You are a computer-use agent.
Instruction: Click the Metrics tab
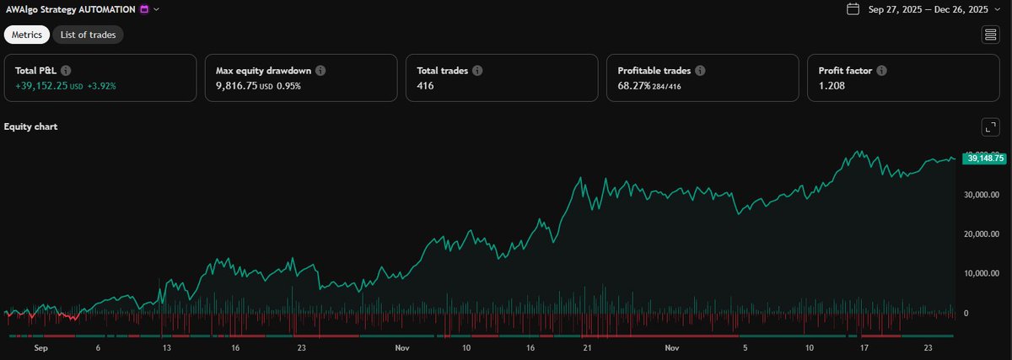(x=27, y=35)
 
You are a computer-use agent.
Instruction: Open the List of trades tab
(x=89, y=35)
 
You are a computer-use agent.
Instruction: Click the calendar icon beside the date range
(x=853, y=9)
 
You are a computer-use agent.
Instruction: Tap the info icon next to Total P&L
(x=66, y=72)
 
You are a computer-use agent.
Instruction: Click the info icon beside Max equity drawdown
(x=320, y=72)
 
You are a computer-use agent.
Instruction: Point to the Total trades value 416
(x=426, y=86)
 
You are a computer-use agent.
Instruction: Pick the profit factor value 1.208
(x=832, y=86)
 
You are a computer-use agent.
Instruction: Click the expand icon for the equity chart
(x=990, y=127)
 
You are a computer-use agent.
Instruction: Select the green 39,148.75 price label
(x=984, y=158)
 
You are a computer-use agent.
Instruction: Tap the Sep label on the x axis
(x=40, y=347)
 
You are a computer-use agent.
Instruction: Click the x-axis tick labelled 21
(x=588, y=347)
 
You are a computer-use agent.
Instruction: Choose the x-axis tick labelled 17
(x=864, y=347)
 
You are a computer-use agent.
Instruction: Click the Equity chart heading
(x=30, y=126)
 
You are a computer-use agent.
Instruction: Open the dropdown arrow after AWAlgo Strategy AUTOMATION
(x=157, y=9)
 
